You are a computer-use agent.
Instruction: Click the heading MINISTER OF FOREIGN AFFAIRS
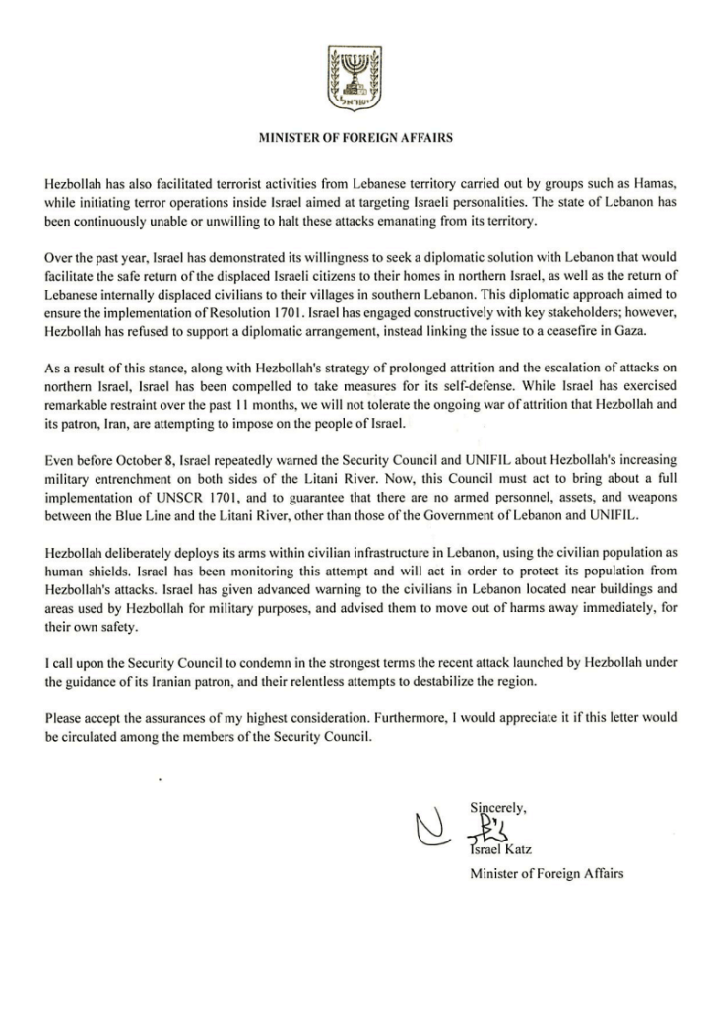pyautogui.click(x=355, y=139)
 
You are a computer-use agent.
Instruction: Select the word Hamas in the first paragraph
pyautogui.click(x=646, y=184)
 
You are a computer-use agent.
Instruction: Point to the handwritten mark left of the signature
pyautogui.click(x=429, y=834)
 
